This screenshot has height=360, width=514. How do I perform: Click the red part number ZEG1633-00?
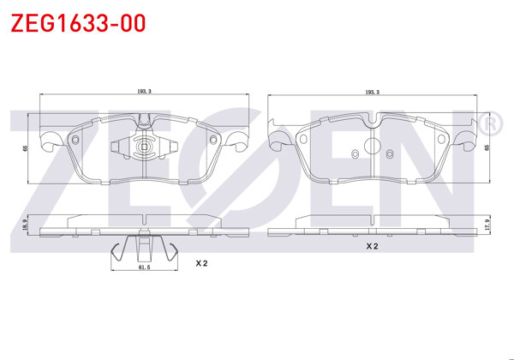pos(78,23)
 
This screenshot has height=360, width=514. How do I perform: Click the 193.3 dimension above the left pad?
pos(144,92)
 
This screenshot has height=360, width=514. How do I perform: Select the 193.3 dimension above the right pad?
pos(372,93)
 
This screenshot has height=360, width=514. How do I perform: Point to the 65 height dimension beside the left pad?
pos(25,148)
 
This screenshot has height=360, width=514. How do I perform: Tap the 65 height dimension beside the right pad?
pos(487,147)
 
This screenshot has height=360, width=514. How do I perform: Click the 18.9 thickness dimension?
pos(25,225)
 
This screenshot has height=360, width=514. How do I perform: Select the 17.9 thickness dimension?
pos(487,226)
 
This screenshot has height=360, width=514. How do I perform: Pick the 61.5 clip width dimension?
pos(144,267)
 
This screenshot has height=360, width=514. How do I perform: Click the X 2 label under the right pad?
pos(372,246)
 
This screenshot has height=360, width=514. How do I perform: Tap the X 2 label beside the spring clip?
pos(201,263)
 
